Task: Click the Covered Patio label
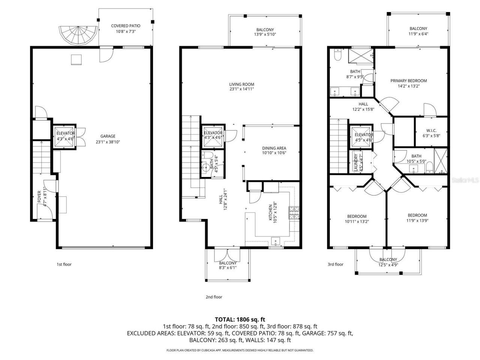click(x=126, y=29)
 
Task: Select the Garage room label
click(x=108, y=139)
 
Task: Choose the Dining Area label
click(x=274, y=150)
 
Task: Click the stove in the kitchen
click(x=293, y=213)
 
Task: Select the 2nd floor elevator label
click(x=213, y=135)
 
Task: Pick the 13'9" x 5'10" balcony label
click(x=265, y=32)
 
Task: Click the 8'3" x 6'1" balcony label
click(x=228, y=265)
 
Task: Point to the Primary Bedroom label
click(x=408, y=83)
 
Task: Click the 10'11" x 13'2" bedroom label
click(x=357, y=219)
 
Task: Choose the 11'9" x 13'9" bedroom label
click(x=417, y=218)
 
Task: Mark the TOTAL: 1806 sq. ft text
click(x=240, y=319)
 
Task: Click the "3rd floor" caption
click(x=335, y=264)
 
